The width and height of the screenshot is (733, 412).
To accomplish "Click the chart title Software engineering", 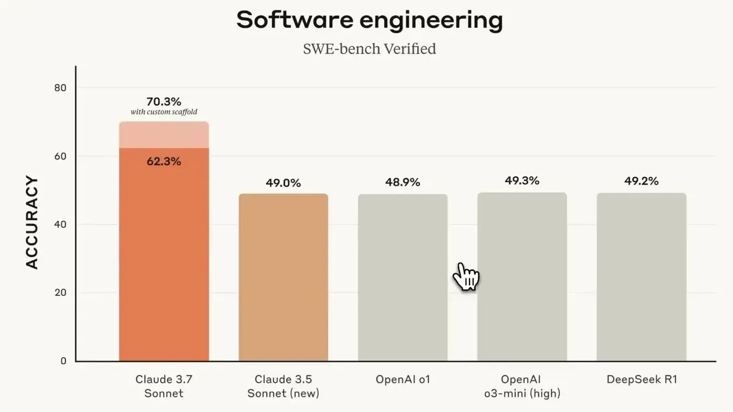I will [369, 20].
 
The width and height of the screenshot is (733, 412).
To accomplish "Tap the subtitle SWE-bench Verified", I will [369, 49].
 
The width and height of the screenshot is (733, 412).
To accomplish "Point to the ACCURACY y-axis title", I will [32, 222].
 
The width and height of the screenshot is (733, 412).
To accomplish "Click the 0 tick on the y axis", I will [63, 361].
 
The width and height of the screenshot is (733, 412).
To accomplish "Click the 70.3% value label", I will [163, 102].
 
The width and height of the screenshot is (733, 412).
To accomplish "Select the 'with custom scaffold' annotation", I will [163, 112].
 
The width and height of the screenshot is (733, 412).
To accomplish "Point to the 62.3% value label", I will [163, 161].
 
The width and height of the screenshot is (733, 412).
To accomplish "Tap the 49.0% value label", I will [283, 183].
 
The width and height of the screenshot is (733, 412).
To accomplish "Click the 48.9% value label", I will [402, 183].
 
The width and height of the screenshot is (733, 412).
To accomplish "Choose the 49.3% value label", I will [522, 180].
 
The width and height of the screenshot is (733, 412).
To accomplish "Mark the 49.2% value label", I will [641, 181].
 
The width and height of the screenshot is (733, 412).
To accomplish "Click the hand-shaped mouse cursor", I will [465, 276].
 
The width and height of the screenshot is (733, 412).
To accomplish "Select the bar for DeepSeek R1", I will [641, 277].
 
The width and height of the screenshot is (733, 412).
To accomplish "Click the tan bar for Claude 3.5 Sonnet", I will [283, 277].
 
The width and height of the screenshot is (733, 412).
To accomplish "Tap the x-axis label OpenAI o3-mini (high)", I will [522, 386].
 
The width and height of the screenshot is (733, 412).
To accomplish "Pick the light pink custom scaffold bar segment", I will [163, 135].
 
